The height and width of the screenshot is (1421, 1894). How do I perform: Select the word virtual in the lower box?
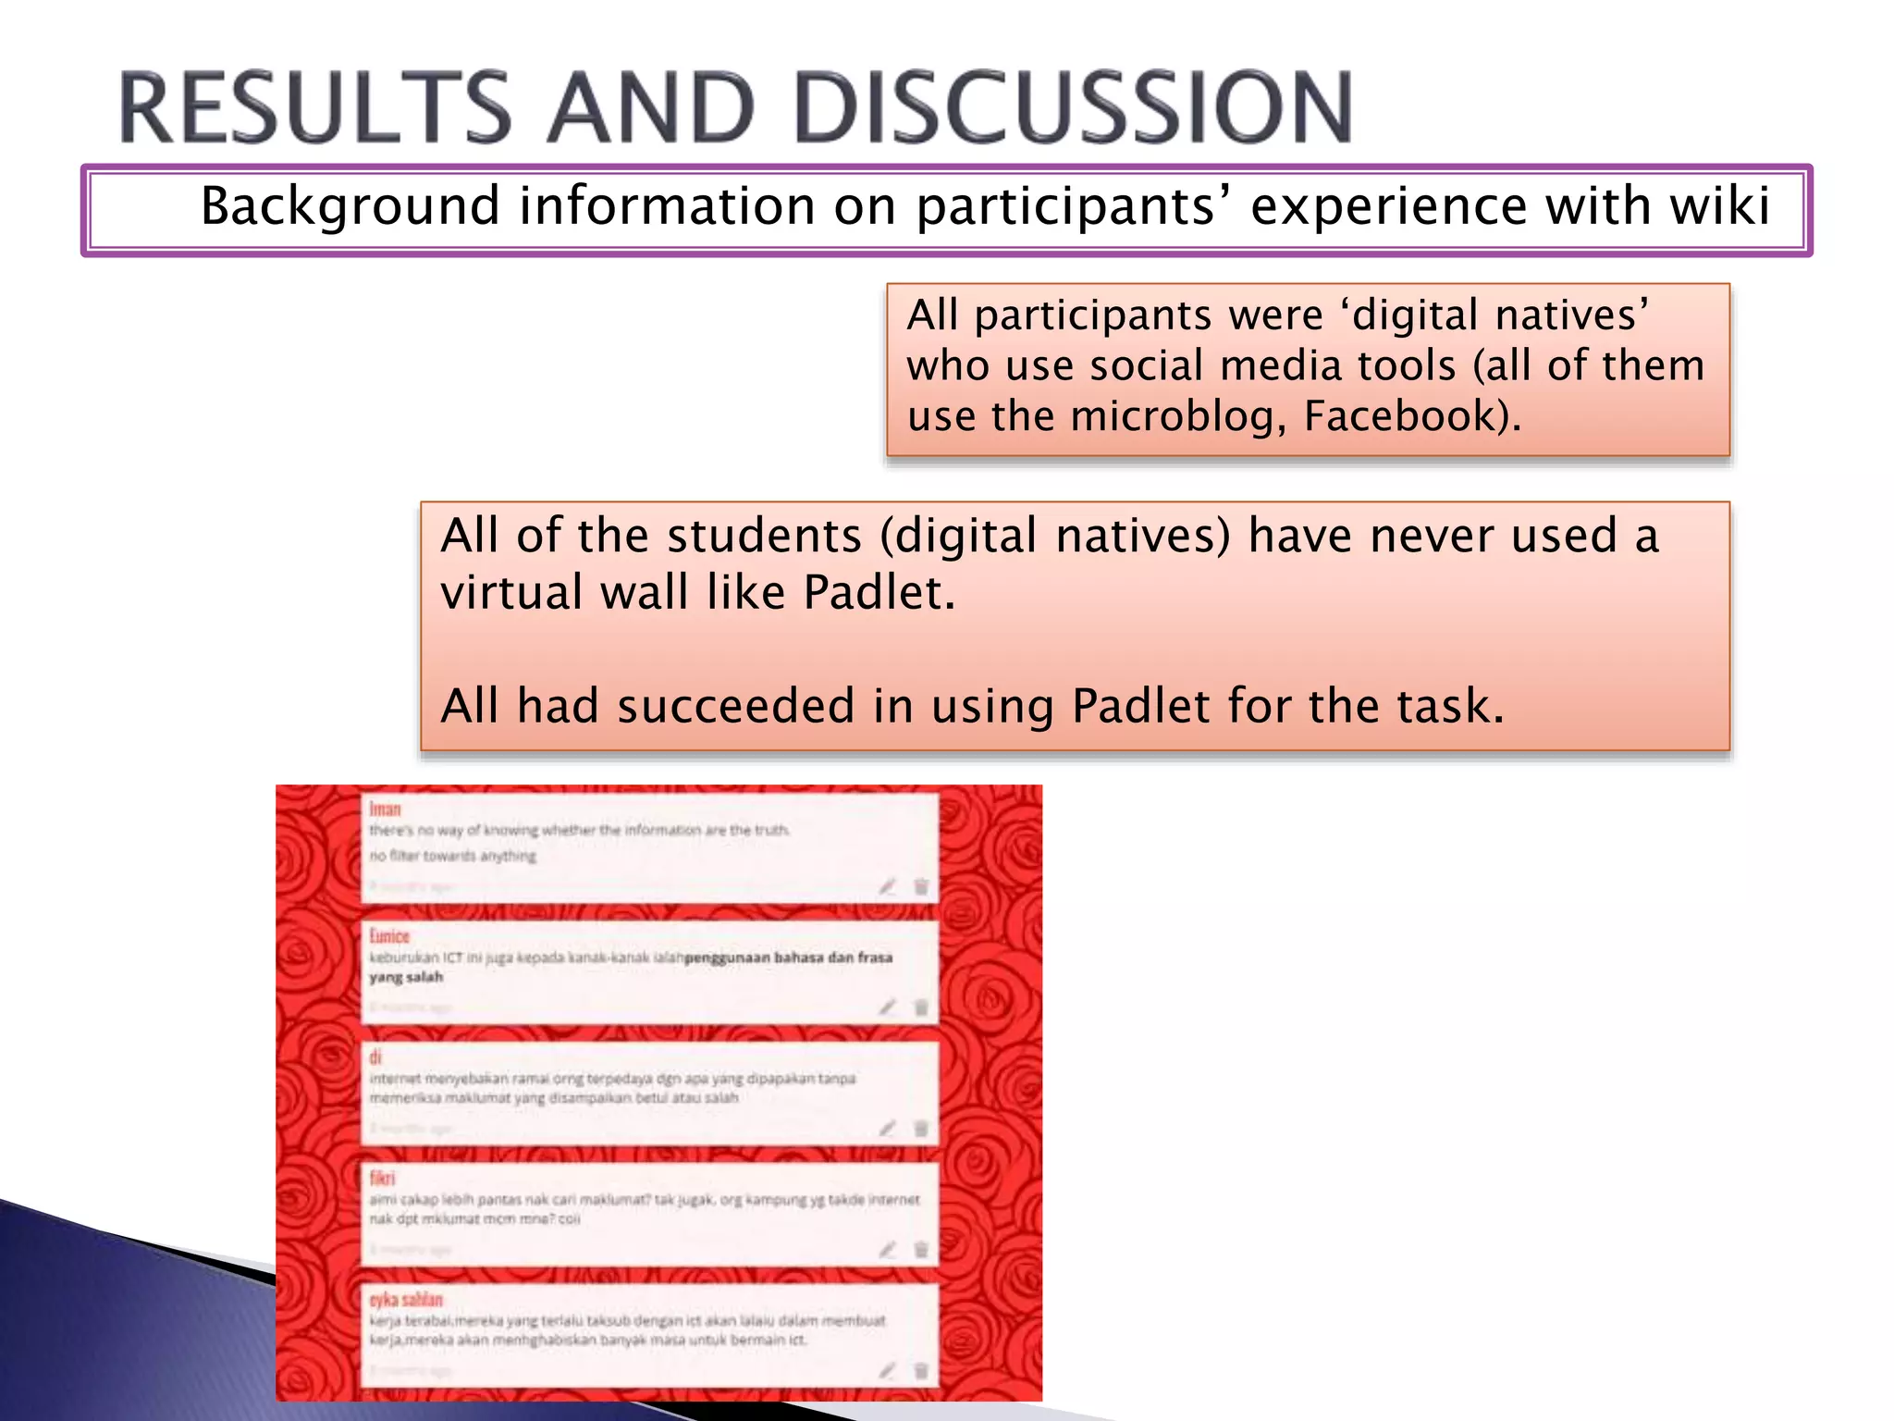510,592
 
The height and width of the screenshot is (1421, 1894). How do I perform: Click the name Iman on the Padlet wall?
385,809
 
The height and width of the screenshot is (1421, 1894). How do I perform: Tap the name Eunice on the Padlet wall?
389,936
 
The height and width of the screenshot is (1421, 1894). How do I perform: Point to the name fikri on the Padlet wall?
382,1178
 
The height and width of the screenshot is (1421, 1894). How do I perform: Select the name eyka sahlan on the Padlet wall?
406,1299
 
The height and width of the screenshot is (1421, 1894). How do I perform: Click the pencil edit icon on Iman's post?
887,886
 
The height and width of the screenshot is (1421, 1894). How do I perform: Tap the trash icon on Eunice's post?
921,1007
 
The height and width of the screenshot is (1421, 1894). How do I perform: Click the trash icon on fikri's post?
921,1250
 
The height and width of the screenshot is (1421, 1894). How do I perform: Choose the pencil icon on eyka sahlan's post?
887,1371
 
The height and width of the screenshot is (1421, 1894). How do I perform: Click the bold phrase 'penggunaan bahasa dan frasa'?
788,958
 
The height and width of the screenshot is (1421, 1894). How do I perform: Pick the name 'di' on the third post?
375,1056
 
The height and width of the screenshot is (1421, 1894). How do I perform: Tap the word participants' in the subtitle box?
1073,205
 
